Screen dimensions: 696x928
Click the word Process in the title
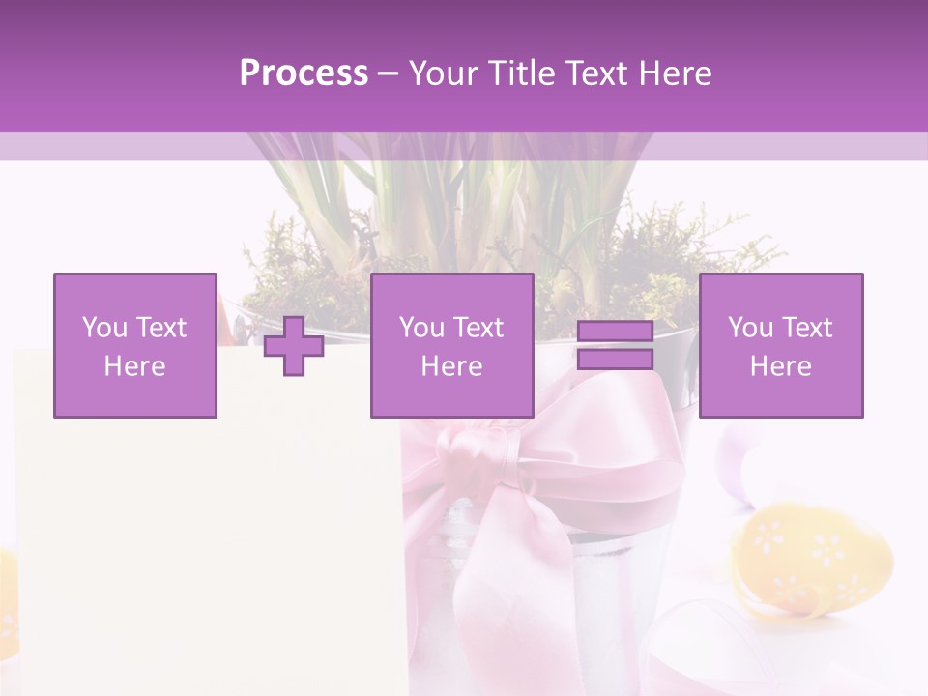coord(304,73)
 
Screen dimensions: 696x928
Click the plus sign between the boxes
coord(294,346)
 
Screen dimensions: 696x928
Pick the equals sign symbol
coord(615,345)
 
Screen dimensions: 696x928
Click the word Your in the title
coord(443,73)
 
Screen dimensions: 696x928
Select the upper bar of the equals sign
coord(615,333)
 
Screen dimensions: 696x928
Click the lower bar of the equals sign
coord(615,360)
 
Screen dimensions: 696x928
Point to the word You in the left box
coord(104,328)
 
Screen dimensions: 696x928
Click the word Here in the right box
coord(781,366)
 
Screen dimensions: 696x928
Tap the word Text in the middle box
coord(478,328)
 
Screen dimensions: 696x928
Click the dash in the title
coord(389,74)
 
